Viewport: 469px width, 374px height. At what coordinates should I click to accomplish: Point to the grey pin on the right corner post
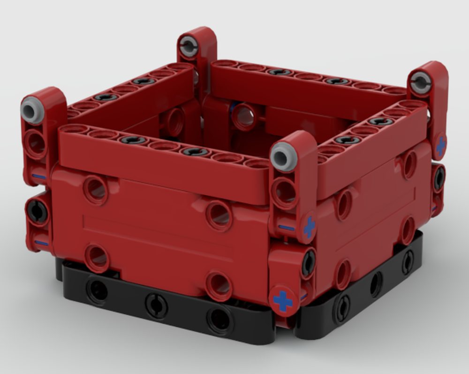point(421,83)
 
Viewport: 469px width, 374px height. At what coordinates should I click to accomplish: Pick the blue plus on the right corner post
point(440,146)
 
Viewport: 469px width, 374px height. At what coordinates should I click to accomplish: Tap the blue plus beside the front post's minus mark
point(309,227)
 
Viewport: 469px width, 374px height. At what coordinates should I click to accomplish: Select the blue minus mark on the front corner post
point(286,228)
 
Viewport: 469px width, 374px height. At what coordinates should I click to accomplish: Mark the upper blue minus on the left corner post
point(39,177)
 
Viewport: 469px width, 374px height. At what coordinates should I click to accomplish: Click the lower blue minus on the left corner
point(41,243)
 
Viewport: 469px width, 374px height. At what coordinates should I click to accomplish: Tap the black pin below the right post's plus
point(439,178)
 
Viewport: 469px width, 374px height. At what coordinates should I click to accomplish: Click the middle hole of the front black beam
point(156,305)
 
